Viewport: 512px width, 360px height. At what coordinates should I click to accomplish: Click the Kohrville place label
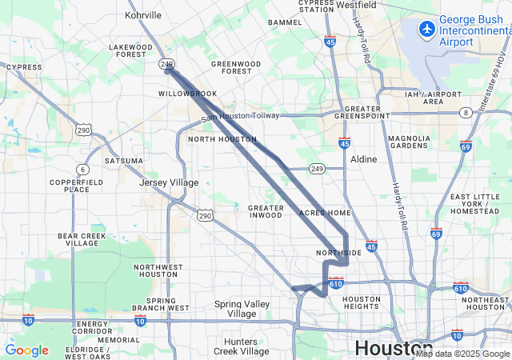[x=143, y=14]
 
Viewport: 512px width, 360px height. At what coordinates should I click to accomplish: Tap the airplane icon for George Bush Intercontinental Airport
[x=427, y=29]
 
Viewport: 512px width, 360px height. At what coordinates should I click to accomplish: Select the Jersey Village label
[x=169, y=182]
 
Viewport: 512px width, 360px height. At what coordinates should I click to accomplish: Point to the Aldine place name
[x=363, y=159]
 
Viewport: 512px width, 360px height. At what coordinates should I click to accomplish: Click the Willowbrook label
[x=187, y=94]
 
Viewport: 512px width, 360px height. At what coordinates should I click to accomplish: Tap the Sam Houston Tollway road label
[x=240, y=116]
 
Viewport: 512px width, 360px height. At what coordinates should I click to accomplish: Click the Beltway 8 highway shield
[x=466, y=112]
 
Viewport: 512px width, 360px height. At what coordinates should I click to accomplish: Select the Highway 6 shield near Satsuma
[x=83, y=169]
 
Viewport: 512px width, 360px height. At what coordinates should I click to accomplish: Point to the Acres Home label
[x=325, y=213]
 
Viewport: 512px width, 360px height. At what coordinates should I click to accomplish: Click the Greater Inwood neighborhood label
[x=266, y=211]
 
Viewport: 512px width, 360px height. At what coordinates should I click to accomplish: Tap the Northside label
[x=339, y=252]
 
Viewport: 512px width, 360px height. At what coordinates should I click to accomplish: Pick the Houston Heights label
[x=362, y=303]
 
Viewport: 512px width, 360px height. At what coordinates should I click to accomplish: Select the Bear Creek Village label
[x=82, y=240]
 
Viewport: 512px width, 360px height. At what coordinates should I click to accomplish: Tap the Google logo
[x=26, y=350]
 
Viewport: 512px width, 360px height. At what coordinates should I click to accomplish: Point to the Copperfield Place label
[x=70, y=186]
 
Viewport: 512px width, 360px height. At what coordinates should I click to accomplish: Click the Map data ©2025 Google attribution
[x=462, y=354]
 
